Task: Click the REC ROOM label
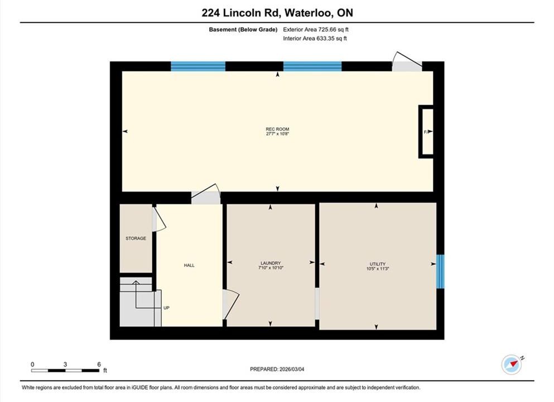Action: pos(277,130)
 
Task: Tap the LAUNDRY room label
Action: pos(271,263)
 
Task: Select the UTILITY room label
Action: pos(377,264)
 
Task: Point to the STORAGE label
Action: pos(136,238)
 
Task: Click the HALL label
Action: pos(189,265)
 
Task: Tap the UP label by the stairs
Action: pos(166,308)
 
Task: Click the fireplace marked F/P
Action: pos(426,132)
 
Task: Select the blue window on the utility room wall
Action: pos(440,271)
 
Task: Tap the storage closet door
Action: pos(158,219)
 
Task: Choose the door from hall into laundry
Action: pos(230,304)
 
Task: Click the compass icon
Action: pos(512,364)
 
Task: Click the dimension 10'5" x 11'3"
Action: pos(377,269)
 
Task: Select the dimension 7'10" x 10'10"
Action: pos(271,268)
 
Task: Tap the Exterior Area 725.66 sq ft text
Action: pos(316,30)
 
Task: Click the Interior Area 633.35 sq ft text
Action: pos(315,39)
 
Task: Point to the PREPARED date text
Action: pos(277,369)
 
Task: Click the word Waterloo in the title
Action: pos(308,13)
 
